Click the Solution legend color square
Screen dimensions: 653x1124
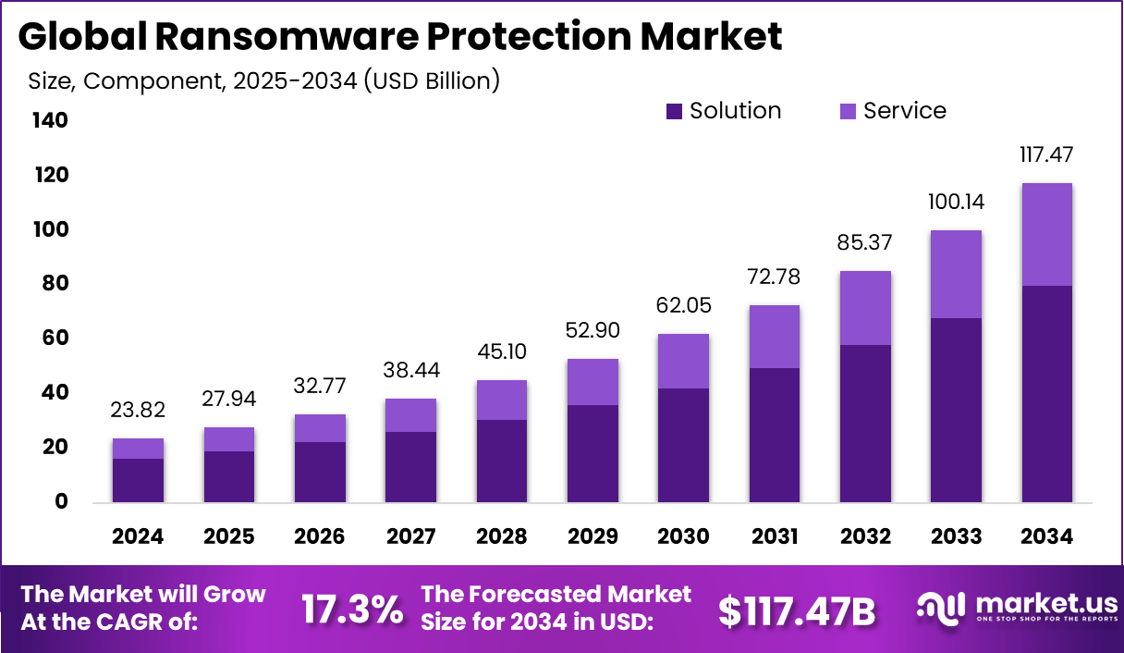point(674,112)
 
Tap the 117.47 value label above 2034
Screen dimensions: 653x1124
point(1047,154)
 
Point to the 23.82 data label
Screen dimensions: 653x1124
point(138,411)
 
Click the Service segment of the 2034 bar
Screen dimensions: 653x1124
point(1047,234)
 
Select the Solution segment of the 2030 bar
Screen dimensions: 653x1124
point(683,445)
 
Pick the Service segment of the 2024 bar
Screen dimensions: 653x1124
point(138,449)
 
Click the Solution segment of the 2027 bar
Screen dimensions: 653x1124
point(410,467)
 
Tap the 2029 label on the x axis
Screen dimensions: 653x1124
point(593,537)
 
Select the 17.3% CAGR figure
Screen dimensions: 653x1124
point(352,610)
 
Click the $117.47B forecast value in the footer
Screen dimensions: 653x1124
point(797,610)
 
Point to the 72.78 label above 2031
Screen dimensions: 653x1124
point(774,277)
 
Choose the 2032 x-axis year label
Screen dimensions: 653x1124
point(865,537)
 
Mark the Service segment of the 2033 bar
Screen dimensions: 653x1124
point(956,274)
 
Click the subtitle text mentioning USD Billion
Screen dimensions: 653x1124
point(263,80)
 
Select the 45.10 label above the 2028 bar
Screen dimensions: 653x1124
point(502,352)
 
